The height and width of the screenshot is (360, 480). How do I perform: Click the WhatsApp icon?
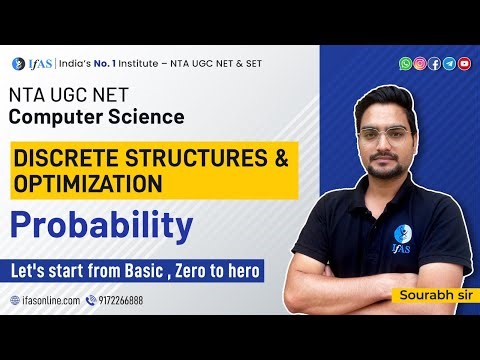point(405,63)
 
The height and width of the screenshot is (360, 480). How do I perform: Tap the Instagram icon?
point(420,63)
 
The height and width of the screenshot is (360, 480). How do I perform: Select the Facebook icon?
point(435,63)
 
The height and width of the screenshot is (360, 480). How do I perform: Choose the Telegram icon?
point(449,63)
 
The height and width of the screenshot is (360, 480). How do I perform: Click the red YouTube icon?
point(464,63)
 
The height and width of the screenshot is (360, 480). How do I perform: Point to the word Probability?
point(101,226)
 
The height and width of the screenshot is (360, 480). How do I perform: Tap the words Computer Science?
point(97,116)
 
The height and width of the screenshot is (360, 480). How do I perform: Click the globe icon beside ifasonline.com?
point(14,299)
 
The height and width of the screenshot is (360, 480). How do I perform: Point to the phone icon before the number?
point(91,299)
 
